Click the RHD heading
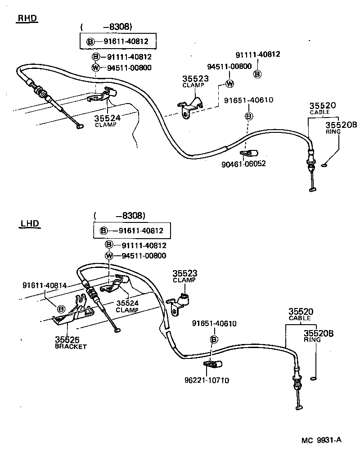[27, 18]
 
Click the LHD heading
[30, 223]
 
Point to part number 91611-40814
[44, 285]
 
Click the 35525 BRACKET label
[70, 342]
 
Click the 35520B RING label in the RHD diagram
[335, 128]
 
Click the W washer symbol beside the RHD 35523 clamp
[229, 83]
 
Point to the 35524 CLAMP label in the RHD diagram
[107, 121]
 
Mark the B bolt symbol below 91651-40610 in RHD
[248, 116]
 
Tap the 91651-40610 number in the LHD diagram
[214, 323]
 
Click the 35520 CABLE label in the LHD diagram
[301, 314]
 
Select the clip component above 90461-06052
[248, 153]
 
